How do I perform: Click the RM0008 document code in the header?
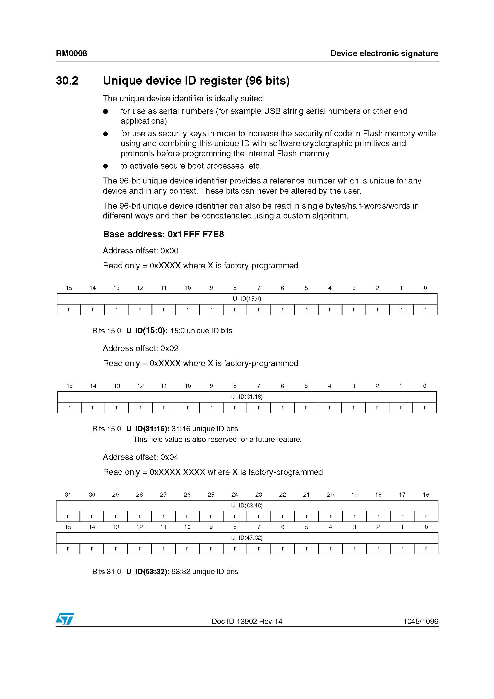pos(71,53)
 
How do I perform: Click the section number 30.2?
pos(67,81)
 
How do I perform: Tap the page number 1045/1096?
pos(420,621)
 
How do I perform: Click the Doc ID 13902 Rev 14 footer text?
pos(247,621)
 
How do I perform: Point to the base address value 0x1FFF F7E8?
pos(196,234)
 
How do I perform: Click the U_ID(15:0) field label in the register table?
pos(247,299)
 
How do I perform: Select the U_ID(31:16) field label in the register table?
pos(247,397)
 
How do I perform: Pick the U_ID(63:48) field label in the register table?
pos(247,505)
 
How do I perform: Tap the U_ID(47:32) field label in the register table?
pos(247,538)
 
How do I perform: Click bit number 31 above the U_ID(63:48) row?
pos(68,495)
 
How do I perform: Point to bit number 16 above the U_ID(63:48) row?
pos(426,495)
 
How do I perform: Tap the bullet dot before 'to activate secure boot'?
pos(105,166)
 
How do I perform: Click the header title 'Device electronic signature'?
pos(384,53)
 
